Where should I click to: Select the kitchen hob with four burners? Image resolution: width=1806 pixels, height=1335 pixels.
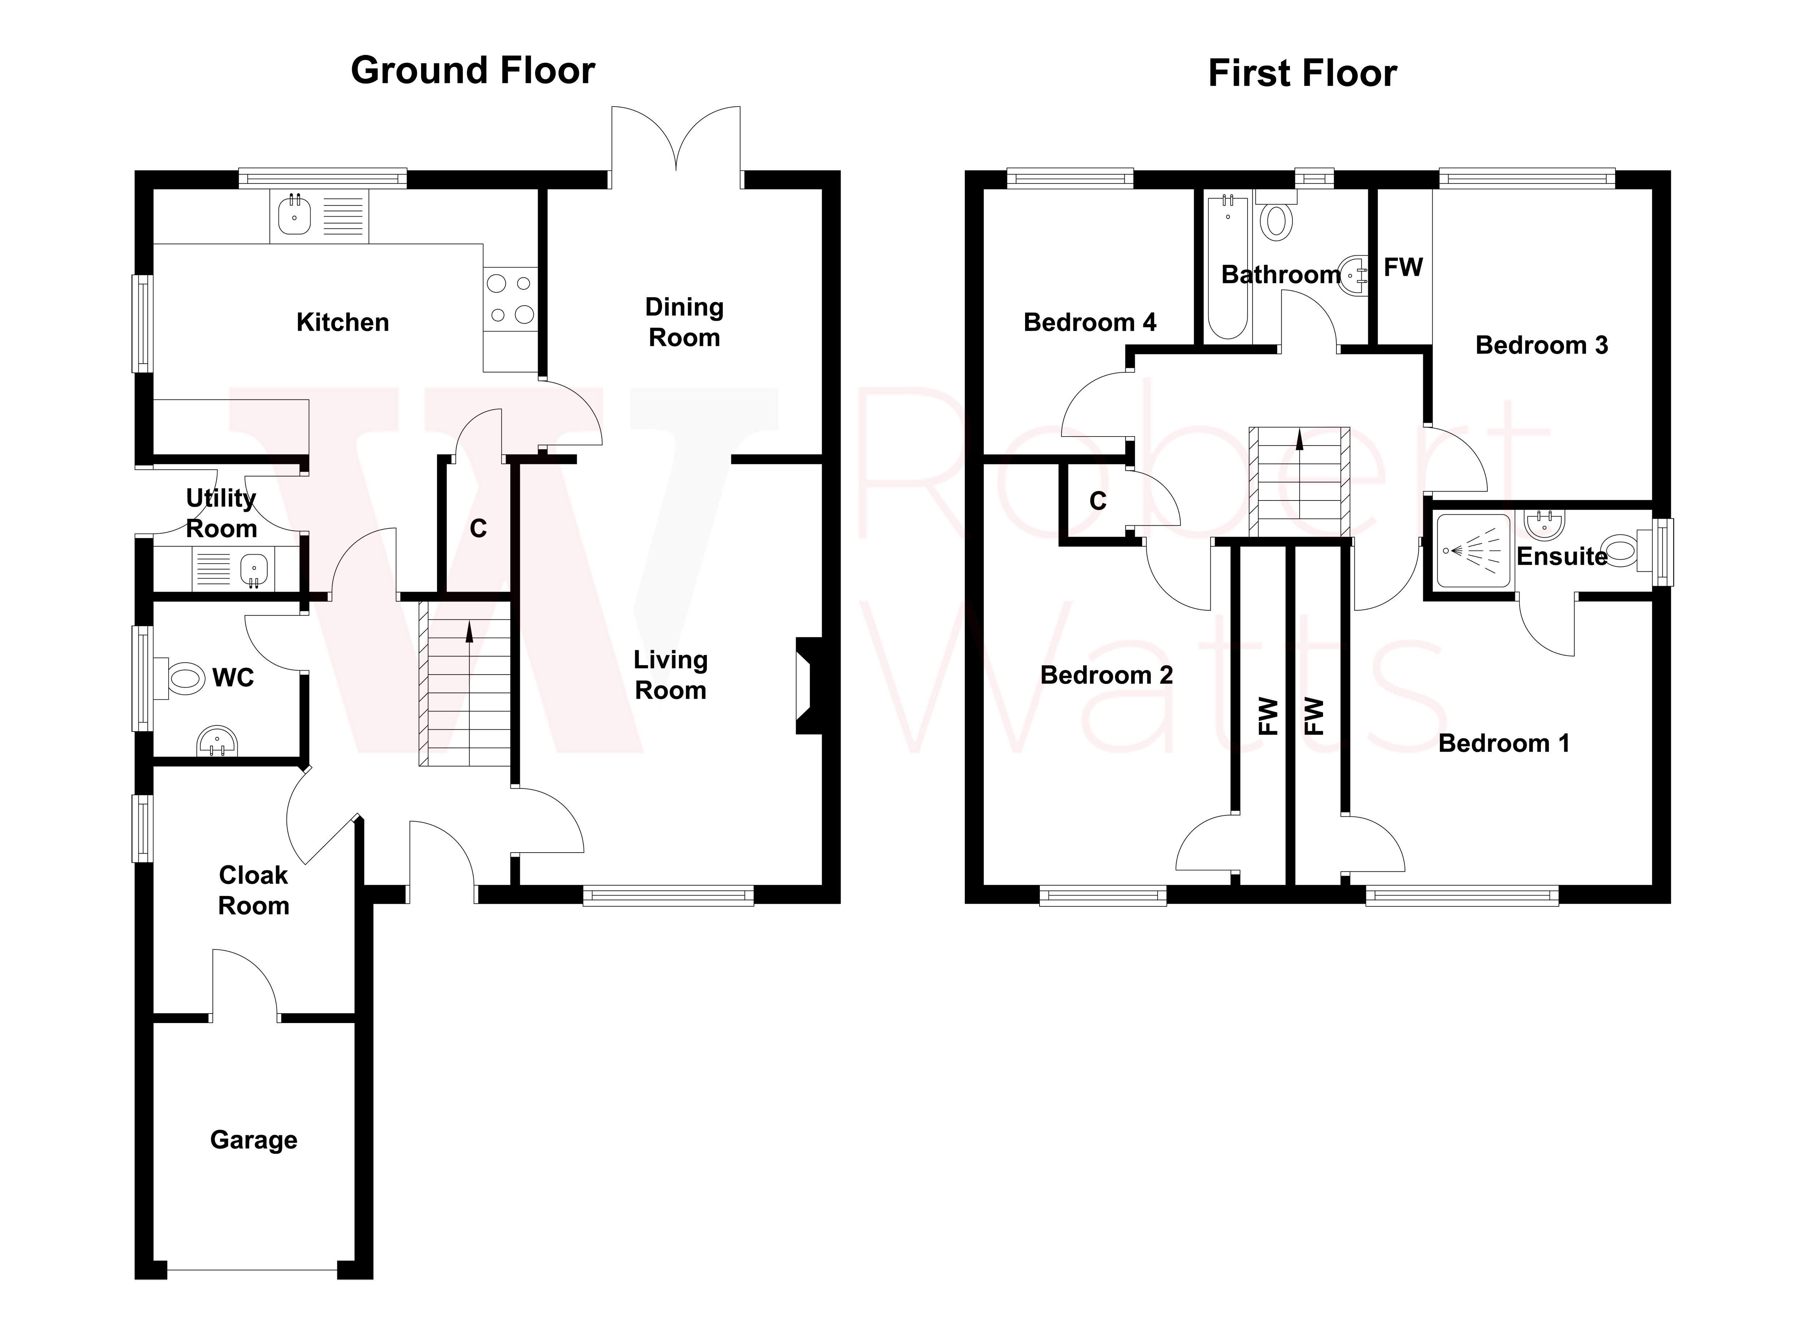click(x=510, y=299)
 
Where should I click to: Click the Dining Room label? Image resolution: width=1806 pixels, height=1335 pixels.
click(x=684, y=322)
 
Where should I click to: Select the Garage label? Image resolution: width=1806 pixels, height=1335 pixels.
click(x=254, y=1139)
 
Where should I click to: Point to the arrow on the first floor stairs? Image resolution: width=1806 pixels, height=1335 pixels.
click(x=1299, y=439)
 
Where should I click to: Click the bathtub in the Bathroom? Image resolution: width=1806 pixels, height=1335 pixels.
click(x=1227, y=267)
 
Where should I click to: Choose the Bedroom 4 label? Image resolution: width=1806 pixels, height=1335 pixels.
click(x=1090, y=322)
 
